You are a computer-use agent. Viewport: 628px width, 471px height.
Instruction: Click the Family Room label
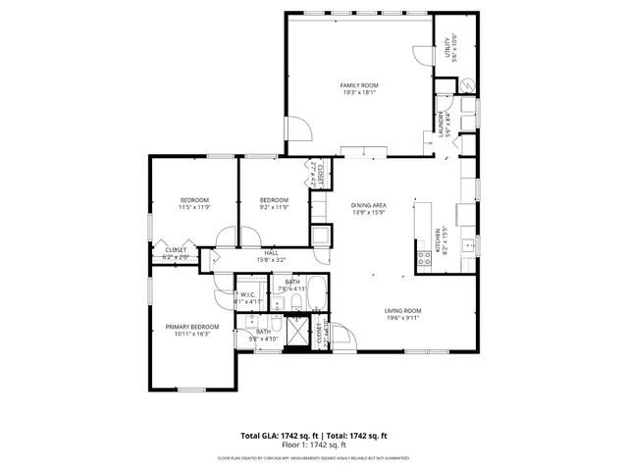click(359, 85)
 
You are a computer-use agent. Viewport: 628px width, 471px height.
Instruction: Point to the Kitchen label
click(438, 237)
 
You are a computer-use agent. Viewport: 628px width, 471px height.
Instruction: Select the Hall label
click(271, 253)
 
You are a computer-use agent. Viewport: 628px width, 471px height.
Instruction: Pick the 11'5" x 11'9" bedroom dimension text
click(194, 207)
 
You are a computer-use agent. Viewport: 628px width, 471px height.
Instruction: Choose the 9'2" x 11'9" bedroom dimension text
click(274, 207)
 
